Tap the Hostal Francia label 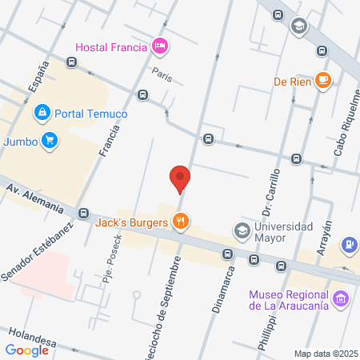(111, 46)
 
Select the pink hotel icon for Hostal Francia (160, 46)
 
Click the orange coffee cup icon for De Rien (323, 80)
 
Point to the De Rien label (291, 80)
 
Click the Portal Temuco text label (91, 114)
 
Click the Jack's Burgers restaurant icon (182, 222)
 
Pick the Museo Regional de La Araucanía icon (342, 298)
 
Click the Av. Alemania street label (35, 198)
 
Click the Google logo (26, 350)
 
